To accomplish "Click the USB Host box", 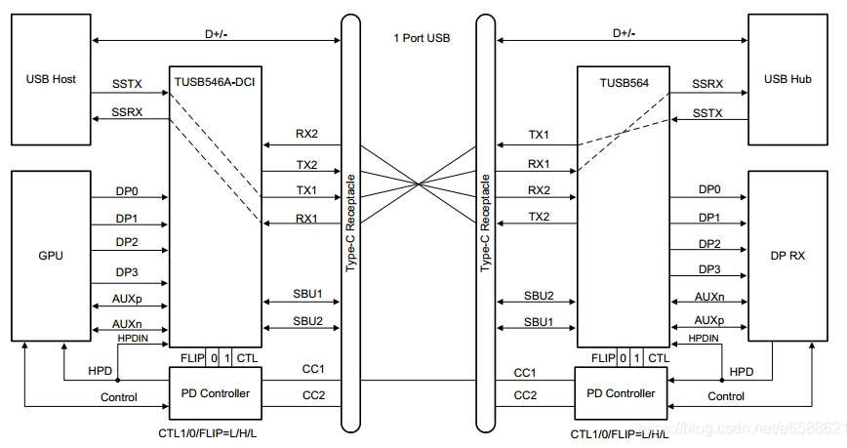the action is [x=51, y=79].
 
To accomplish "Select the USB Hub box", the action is [x=787, y=79].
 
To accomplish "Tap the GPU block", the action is [x=51, y=256].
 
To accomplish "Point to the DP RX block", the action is [x=787, y=256].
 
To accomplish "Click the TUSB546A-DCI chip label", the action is [x=215, y=83].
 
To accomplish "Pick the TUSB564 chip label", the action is [x=624, y=83].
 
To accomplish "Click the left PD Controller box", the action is [x=216, y=393].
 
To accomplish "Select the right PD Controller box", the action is [x=621, y=393].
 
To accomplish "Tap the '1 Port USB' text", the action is [x=422, y=38].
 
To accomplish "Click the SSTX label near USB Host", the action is [x=127, y=84].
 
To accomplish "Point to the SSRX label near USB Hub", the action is [x=707, y=84].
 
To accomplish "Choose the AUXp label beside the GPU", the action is [x=127, y=299].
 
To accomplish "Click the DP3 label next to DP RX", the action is [x=709, y=269].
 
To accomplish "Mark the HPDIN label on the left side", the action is [x=133, y=338].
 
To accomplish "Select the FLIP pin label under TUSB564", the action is [x=603, y=358].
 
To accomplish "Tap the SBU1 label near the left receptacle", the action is [x=307, y=294].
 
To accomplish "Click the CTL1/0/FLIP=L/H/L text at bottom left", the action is [x=208, y=433].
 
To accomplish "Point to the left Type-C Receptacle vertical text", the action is [x=351, y=223].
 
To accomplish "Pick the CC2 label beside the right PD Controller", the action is [x=525, y=395].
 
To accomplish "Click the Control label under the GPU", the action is [x=119, y=397].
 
